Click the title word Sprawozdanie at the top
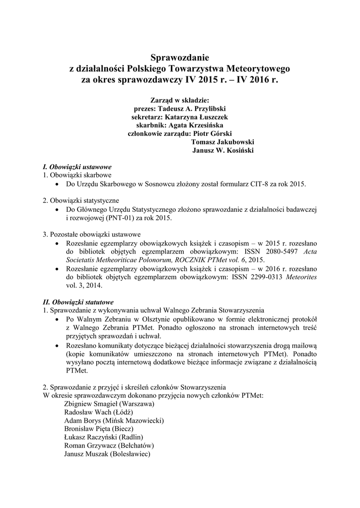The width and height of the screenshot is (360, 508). [x=180, y=58]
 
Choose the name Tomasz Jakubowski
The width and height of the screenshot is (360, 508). [x=222, y=142]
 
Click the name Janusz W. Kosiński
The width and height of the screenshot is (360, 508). [x=223, y=151]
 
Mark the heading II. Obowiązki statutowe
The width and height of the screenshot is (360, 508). [x=78, y=302]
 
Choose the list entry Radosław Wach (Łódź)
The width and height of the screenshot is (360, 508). [x=99, y=412]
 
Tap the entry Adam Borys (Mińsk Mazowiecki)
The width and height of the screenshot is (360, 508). [x=114, y=421]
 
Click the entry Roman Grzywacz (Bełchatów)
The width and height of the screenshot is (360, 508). [x=109, y=446]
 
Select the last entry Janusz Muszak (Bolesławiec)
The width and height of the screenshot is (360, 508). [x=107, y=454]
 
